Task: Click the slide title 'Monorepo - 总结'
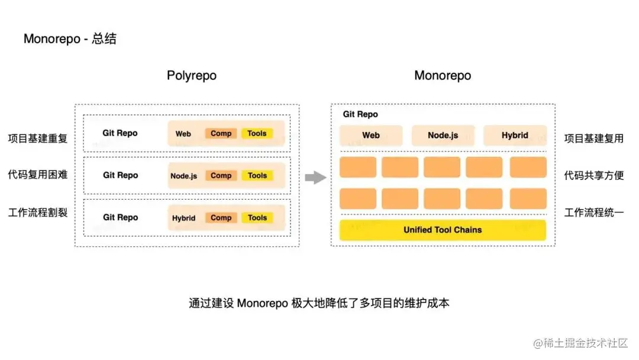[70, 39]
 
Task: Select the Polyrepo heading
[191, 76]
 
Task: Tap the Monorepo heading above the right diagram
[443, 76]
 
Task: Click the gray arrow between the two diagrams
[316, 176]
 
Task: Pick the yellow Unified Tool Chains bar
[443, 230]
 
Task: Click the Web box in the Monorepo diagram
[371, 135]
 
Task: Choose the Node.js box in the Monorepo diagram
[443, 135]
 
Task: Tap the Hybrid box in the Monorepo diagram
[515, 135]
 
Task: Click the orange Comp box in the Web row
[221, 133]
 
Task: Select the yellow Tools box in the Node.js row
[257, 175]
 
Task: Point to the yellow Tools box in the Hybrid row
[257, 217]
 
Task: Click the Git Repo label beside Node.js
[120, 175]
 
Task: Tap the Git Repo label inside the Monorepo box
[360, 114]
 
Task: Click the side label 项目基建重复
[38, 139]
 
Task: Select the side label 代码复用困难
[38, 175]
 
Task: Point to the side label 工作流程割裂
[38, 212]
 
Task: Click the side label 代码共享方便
[594, 175]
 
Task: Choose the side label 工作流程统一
[594, 212]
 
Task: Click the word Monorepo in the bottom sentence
[262, 303]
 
